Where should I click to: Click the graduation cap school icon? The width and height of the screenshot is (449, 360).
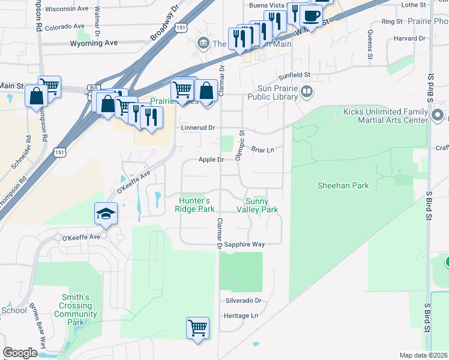click(105, 214)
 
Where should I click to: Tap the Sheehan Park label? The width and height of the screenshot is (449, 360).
click(343, 186)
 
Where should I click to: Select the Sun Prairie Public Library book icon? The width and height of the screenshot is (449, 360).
click(307, 92)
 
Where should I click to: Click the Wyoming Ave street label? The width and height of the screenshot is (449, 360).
click(94, 43)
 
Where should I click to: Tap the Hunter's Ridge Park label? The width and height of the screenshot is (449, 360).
click(194, 205)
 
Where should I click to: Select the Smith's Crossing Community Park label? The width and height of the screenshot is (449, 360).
click(76, 310)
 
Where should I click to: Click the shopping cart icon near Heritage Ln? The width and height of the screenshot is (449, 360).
click(197, 328)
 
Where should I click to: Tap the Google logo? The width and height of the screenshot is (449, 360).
click(20, 353)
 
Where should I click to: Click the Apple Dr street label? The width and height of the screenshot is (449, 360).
click(211, 160)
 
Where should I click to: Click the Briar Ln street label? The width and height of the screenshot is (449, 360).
click(262, 149)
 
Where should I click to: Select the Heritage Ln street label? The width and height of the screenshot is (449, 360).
click(241, 315)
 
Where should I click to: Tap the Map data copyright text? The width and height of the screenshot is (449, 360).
click(423, 355)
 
